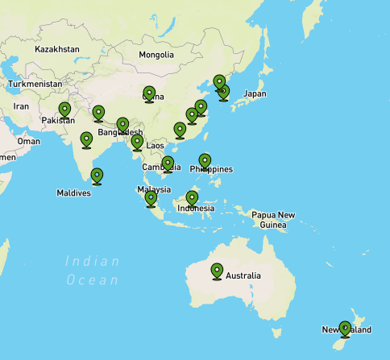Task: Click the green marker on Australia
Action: pos(217,271)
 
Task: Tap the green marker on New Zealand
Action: pos(345,329)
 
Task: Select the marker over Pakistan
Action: pos(64,110)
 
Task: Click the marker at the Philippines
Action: pos(205,161)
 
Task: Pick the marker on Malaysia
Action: pos(151,198)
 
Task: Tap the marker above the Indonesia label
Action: pos(192,197)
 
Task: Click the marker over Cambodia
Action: pos(168,163)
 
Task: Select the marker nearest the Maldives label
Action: pos(97,175)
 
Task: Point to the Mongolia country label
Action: pos(156,55)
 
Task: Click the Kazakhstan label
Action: pos(57,49)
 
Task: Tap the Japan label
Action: pos(255,93)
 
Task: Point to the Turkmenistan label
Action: pos(35,84)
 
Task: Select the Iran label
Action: pos(21,106)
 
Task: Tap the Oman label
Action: pos(28,141)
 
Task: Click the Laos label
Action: pos(156,146)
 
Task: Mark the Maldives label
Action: pos(73,193)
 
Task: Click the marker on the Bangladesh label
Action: pos(122,126)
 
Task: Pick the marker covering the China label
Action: pos(149,93)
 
